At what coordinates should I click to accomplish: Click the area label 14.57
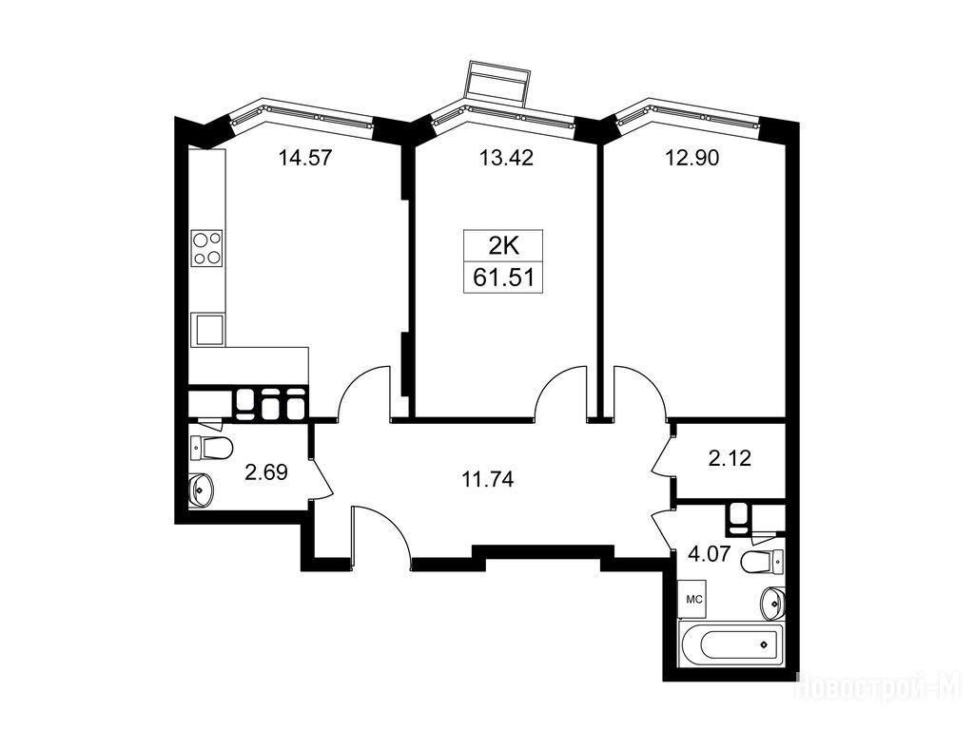coord(305,158)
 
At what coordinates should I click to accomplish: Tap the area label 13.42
coord(506,158)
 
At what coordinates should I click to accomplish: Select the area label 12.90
coord(692,158)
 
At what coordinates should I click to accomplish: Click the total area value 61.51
coord(503,278)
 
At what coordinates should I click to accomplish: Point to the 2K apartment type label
coord(503,246)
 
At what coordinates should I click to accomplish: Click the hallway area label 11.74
coord(488,479)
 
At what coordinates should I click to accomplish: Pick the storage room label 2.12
coord(730,458)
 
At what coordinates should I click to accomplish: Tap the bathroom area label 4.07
coord(709,552)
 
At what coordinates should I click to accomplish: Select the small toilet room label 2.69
coord(266,472)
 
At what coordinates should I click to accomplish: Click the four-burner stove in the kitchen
coord(206,248)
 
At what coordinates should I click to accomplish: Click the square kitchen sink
coord(207,329)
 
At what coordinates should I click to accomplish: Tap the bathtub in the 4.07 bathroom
coord(733,645)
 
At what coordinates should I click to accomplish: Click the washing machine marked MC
coord(693,599)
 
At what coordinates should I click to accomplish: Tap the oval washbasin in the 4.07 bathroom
coord(772,603)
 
